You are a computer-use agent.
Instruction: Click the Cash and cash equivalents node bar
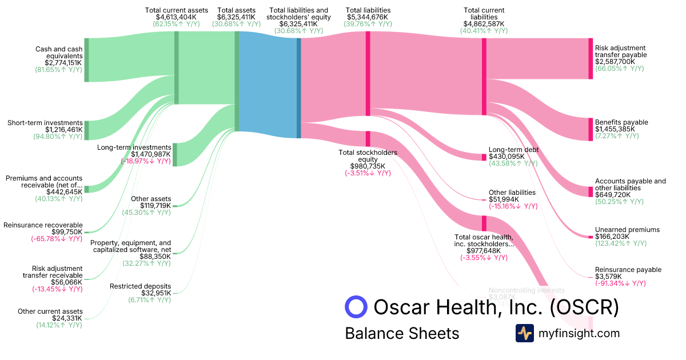[x=86, y=60]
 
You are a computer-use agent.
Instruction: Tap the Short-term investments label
[x=45, y=123]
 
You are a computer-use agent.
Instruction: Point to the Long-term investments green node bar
[x=174, y=154]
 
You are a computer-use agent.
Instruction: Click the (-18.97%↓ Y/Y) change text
[x=145, y=161]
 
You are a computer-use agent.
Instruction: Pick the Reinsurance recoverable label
[x=43, y=225]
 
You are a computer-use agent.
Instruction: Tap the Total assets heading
[x=237, y=10]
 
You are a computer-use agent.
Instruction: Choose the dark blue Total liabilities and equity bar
[x=298, y=88]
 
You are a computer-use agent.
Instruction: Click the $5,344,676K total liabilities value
[x=368, y=17]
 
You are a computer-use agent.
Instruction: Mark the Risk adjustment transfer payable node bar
[x=591, y=58]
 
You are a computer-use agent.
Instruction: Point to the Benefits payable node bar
[x=591, y=129]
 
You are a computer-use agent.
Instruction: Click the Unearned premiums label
[x=627, y=230]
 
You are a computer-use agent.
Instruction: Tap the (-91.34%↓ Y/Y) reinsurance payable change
[x=620, y=283]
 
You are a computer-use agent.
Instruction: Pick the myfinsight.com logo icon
[x=524, y=333]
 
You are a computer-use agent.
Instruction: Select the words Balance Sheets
[x=402, y=333]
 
